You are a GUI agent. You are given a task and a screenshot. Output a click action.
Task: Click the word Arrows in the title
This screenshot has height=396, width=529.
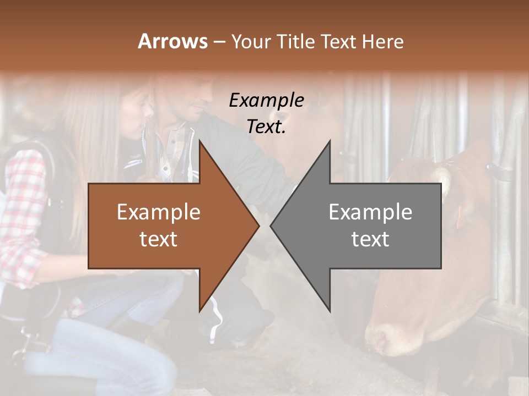[172, 41]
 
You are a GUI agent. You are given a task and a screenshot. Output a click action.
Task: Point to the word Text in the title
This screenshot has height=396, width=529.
[338, 41]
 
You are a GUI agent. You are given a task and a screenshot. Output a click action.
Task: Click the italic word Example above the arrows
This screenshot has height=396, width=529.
[266, 100]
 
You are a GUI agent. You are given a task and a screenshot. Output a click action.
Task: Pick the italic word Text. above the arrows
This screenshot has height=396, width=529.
[266, 127]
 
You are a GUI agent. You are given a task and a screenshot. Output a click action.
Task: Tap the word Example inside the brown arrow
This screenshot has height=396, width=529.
[158, 212]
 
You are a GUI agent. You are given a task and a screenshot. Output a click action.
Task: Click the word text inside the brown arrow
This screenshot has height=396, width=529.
[158, 239]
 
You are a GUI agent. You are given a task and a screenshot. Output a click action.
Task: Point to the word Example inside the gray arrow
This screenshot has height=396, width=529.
[370, 212]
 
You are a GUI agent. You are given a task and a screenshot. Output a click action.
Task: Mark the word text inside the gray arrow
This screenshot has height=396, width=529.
[370, 239]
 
